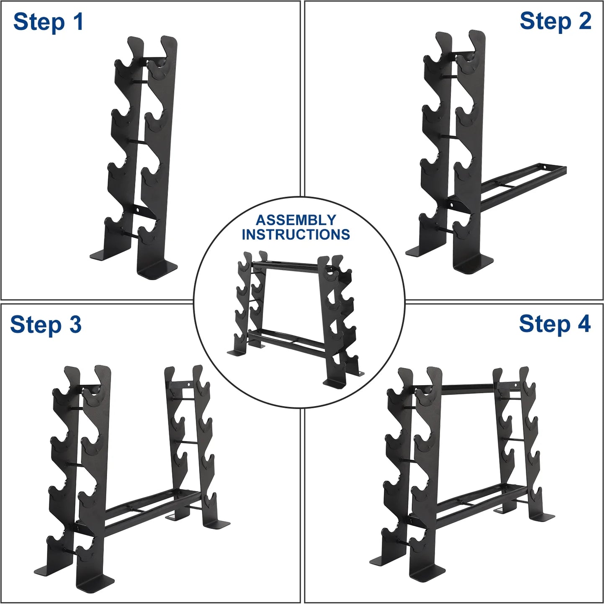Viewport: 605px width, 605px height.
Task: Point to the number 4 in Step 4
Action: (584, 323)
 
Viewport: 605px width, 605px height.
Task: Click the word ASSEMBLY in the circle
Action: (296, 220)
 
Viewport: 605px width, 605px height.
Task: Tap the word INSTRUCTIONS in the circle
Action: (296, 234)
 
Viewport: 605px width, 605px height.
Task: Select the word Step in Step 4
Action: (544, 324)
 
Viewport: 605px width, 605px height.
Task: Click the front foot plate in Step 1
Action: (158, 270)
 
